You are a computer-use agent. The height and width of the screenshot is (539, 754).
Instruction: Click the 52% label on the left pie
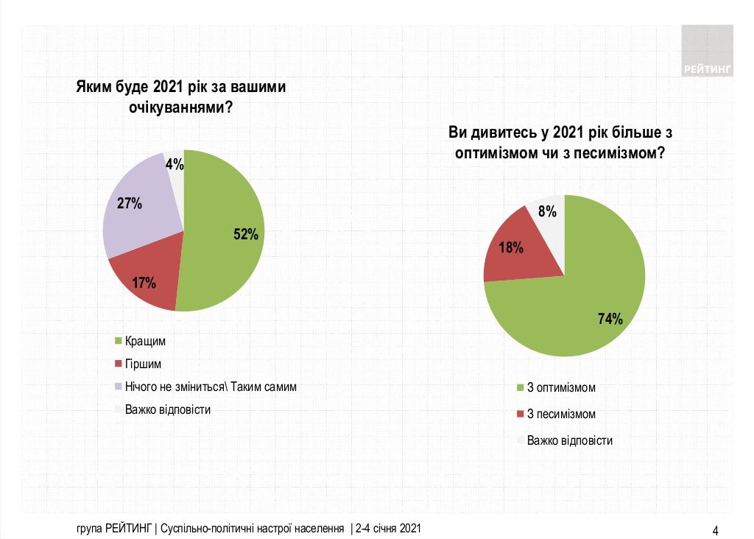[246, 235]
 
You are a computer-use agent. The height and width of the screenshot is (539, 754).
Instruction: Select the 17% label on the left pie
[144, 282]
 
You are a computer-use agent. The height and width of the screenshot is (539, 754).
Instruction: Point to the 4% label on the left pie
[175, 165]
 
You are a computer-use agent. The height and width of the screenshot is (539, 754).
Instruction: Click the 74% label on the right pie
[610, 319]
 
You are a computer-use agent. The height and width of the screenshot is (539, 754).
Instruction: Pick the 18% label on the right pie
[511, 247]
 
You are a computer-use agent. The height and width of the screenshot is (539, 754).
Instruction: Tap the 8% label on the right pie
[547, 212]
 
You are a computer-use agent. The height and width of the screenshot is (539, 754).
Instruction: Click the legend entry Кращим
[145, 341]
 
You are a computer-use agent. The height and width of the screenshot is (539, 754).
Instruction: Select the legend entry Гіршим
[143, 364]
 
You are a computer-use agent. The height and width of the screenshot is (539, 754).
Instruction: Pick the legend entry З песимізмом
[561, 415]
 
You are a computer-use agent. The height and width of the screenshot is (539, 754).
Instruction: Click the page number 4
[715, 529]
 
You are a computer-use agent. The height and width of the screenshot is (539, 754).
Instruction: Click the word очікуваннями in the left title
[176, 108]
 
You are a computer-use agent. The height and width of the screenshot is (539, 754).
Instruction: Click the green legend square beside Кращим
[118, 341]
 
